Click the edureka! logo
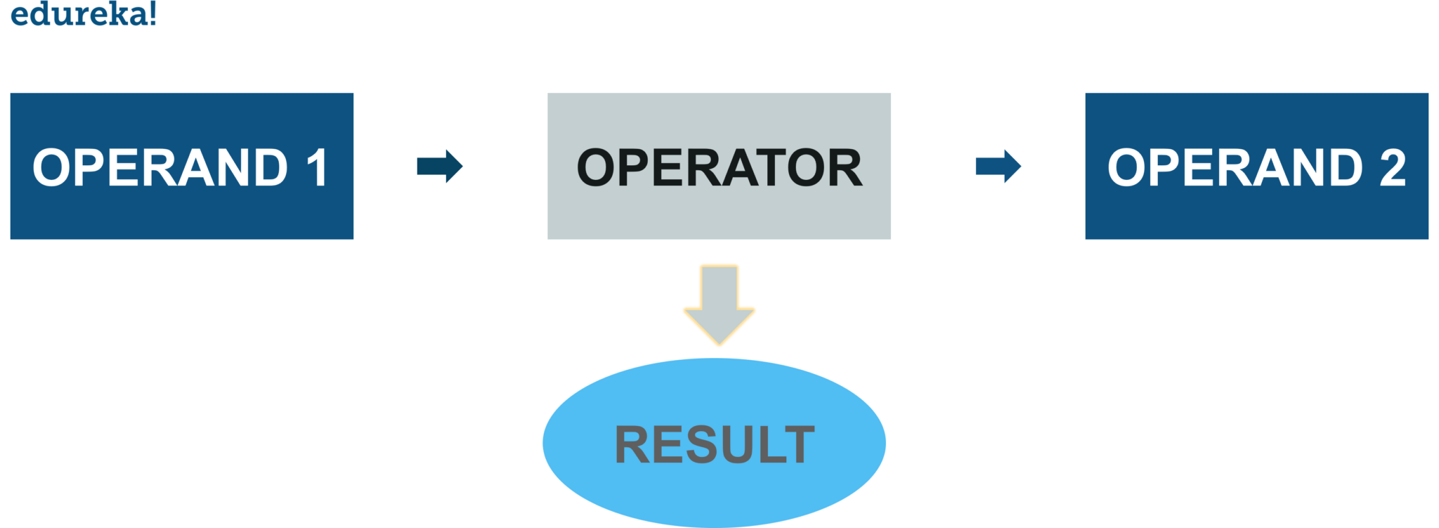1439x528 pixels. (x=83, y=13)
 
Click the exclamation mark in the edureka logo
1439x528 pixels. (x=152, y=13)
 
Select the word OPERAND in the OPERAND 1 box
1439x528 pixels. (x=160, y=167)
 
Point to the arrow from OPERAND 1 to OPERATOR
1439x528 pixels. (x=440, y=167)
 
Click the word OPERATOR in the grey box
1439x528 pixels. (x=719, y=168)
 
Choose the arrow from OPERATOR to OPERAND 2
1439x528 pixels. (x=998, y=167)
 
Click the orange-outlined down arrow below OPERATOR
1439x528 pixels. (x=719, y=302)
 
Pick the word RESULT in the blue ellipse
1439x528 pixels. (x=715, y=444)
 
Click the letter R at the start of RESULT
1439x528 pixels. (x=632, y=444)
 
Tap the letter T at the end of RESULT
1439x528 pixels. (x=798, y=444)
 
